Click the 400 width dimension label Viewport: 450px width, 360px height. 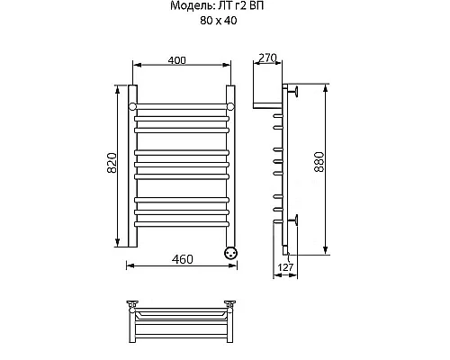(176, 60)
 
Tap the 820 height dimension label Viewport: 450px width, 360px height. (112, 163)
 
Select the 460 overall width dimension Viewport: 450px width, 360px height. (183, 259)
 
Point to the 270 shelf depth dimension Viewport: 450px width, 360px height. (266, 58)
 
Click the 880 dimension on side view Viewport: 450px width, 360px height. (319, 162)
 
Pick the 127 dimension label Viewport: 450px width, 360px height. (285, 267)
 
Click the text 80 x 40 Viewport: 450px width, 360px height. (219, 21)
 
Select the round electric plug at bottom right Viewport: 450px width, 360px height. (231, 252)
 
